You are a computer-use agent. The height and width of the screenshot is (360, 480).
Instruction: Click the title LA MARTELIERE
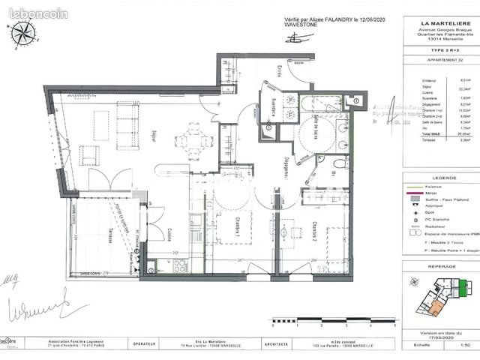433,20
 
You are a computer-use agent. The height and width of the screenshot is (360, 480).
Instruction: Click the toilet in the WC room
339,164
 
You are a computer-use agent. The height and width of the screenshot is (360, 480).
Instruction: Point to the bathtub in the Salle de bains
323,103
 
